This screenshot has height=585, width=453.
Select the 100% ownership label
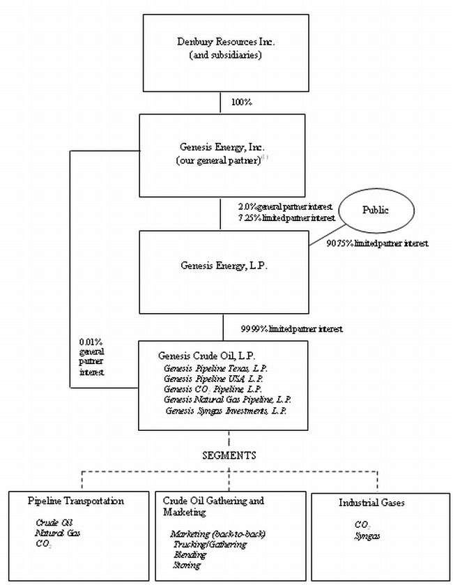[241, 102]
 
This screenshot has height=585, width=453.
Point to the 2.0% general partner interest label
[284, 206]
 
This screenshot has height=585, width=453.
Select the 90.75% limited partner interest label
[377, 244]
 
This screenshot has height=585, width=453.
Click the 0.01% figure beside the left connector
[91, 343]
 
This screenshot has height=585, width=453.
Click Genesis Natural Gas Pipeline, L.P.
[228, 400]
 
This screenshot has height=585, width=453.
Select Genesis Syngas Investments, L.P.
[227, 410]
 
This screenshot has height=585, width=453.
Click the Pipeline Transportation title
[76, 501]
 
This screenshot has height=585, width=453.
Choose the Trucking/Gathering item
[208, 544]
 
